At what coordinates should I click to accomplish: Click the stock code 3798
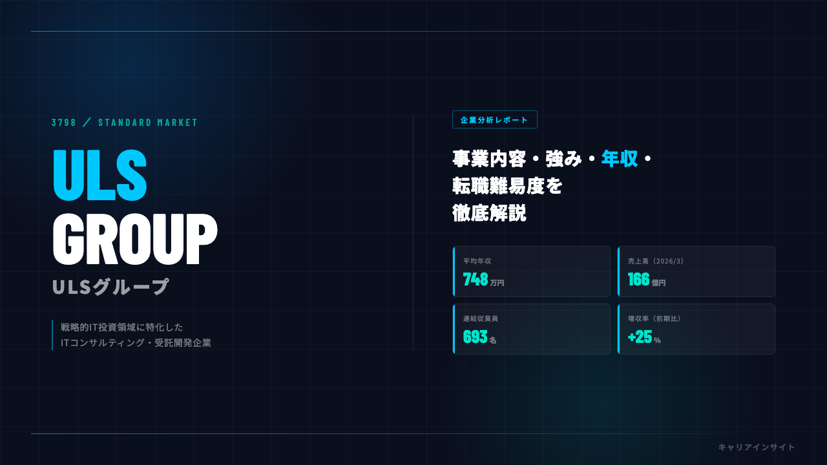(x=63, y=123)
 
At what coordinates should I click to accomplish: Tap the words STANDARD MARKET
(x=148, y=123)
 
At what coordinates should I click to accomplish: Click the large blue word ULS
(x=100, y=175)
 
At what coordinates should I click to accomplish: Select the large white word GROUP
(x=135, y=239)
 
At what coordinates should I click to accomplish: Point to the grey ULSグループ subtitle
(x=110, y=287)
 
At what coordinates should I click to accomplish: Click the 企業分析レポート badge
(x=495, y=119)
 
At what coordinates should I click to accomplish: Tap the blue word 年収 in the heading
(x=620, y=159)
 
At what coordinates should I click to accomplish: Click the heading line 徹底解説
(x=489, y=213)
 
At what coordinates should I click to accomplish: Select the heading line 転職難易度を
(x=507, y=185)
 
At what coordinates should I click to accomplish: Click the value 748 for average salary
(x=476, y=280)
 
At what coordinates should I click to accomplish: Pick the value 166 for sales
(x=639, y=280)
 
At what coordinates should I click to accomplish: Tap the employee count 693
(x=475, y=336)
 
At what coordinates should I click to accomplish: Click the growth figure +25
(x=640, y=336)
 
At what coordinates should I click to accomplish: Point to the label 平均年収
(x=477, y=261)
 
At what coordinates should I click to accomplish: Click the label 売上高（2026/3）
(x=656, y=261)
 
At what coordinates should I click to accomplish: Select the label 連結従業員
(x=480, y=318)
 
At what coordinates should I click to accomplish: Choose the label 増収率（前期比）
(x=654, y=318)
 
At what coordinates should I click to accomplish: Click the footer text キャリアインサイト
(x=757, y=448)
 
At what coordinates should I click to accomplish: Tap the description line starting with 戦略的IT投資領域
(x=122, y=327)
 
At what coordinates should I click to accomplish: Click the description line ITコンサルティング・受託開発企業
(x=136, y=343)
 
